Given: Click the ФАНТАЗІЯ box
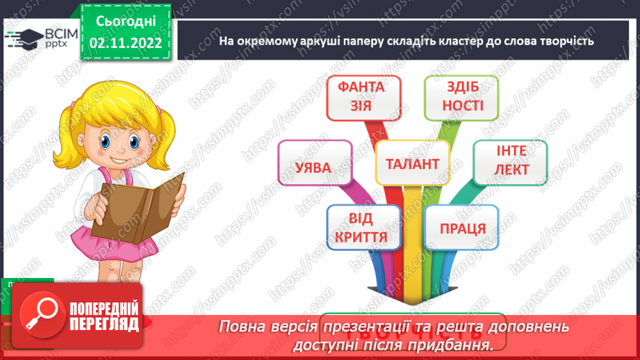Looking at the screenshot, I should point(365,97).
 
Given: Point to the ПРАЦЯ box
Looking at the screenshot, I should point(461,228).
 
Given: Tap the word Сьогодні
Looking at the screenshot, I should point(126,22).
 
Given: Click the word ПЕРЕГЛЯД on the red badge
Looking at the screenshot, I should point(102,325).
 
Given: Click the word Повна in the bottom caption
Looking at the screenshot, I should point(240,327).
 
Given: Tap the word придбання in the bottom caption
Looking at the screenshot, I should point(460,345).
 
